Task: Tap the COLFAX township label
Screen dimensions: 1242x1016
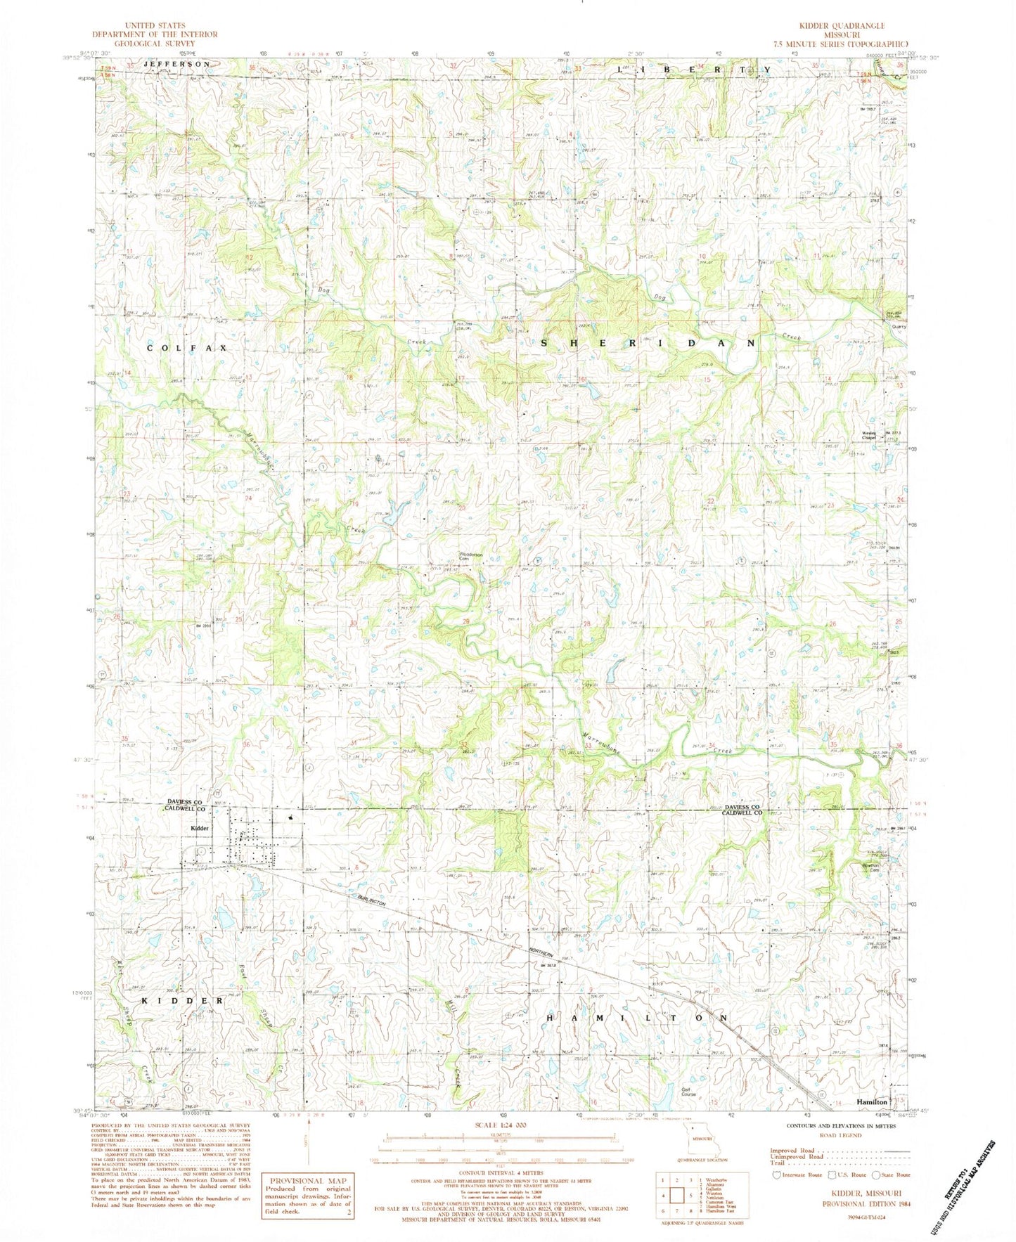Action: (187, 348)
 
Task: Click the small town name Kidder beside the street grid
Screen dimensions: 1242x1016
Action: (199, 828)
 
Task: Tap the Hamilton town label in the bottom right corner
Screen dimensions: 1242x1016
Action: (872, 1102)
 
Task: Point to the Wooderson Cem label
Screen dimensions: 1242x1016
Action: (470, 556)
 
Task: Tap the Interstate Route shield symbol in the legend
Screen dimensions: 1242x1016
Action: (776, 1194)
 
